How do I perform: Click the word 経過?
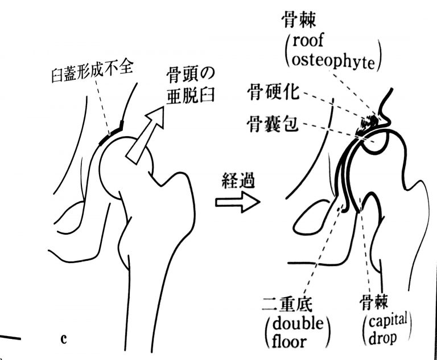pos(238,181)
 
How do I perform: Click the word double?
pos(294,324)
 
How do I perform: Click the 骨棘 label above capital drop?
pos(377,301)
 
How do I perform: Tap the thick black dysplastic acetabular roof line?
pos(110,132)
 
